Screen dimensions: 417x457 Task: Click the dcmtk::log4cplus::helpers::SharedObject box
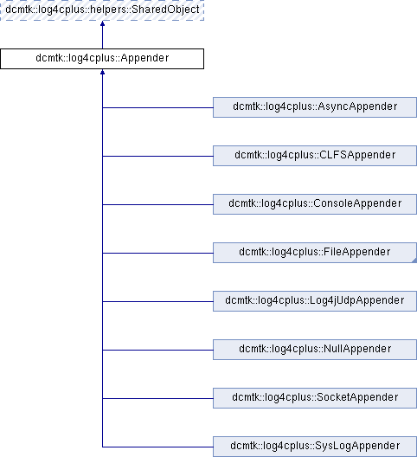coord(102,10)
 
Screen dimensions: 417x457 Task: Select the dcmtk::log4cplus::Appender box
coord(102,59)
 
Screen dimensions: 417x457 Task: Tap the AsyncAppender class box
coord(315,107)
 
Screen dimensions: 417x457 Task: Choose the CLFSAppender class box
coord(315,156)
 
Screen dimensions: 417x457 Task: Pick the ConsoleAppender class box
coord(315,204)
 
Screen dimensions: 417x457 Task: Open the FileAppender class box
coord(315,253)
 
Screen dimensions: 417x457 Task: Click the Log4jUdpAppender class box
coord(315,301)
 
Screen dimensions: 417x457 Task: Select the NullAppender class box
coord(315,350)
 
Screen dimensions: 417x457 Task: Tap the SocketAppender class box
coord(315,398)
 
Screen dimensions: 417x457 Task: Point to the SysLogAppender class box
coord(315,447)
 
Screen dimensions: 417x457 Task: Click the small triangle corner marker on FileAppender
coord(414,261)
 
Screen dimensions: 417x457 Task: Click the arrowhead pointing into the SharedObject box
coord(102,23)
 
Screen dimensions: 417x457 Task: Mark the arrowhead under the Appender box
coord(102,72)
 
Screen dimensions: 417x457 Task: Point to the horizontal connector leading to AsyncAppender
coord(157,107)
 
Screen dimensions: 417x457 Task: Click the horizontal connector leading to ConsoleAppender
coord(157,204)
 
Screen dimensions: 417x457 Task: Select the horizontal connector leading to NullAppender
coord(157,350)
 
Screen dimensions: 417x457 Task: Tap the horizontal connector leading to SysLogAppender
coord(157,447)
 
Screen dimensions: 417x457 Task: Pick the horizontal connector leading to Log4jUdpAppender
coord(157,302)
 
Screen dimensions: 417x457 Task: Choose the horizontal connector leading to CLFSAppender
coord(157,156)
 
